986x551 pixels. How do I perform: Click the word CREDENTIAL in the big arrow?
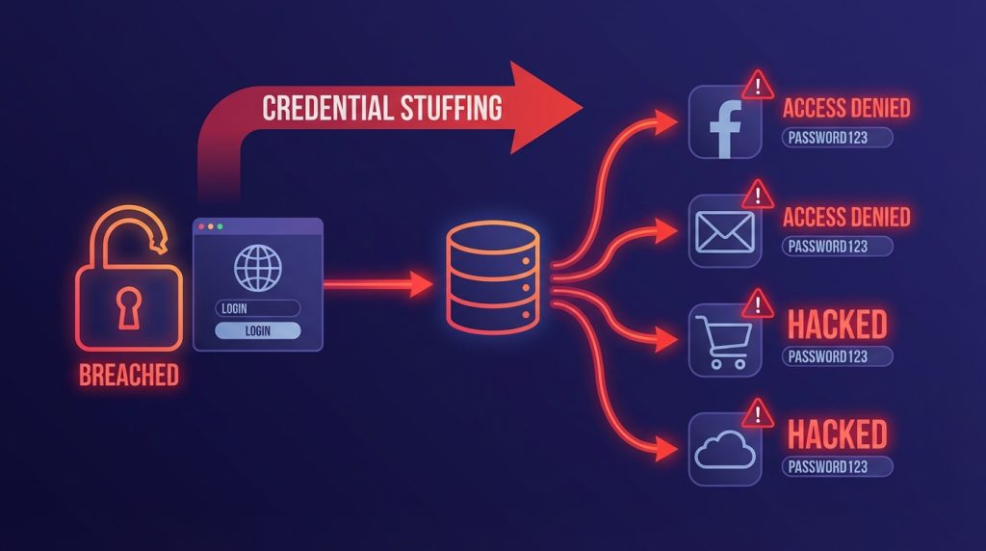328,108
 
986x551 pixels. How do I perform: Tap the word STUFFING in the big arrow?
452,108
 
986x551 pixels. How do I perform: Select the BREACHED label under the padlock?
129,375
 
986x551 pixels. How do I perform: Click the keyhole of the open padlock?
128,307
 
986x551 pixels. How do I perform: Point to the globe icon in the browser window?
258,268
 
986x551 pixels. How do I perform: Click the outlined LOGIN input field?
258,308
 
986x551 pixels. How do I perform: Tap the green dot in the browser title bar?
221,226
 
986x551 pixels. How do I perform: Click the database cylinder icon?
493,277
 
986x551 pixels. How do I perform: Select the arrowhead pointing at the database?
420,284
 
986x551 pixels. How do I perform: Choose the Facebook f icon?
725,128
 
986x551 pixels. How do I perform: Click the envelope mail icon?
725,232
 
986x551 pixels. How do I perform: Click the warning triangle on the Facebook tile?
758,85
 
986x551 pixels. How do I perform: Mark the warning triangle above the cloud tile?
758,414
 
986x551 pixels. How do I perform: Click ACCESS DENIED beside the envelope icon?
846,217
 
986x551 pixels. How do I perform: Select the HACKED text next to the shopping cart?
838,325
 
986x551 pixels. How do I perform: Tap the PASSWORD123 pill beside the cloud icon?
837,467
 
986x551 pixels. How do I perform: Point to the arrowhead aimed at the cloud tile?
665,449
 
